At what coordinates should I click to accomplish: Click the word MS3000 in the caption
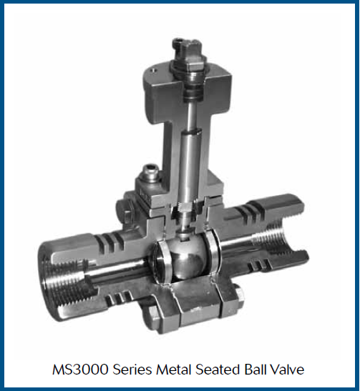[x=80, y=370]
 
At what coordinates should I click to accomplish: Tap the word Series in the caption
[x=132, y=370]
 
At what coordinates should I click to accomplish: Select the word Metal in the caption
[x=173, y=370]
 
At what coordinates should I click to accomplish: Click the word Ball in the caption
[x=256, y=370]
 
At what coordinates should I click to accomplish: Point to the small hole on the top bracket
[x=154, y=70]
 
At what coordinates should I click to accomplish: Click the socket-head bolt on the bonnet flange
[x=149, y=172]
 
